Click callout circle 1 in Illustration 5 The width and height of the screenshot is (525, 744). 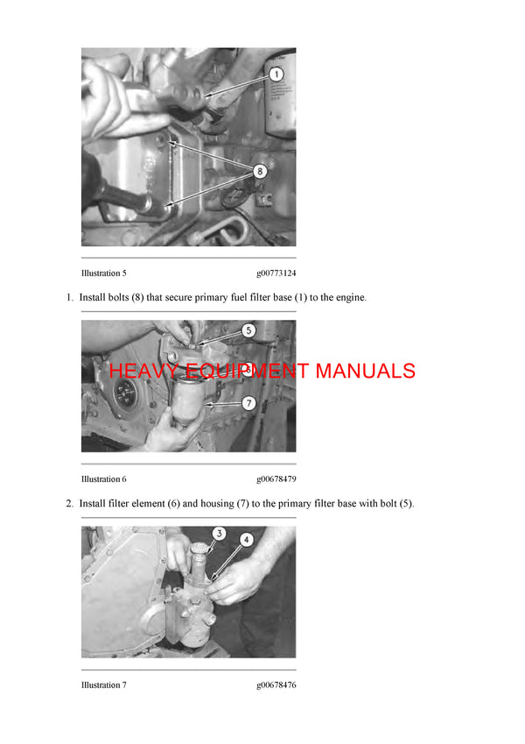click(x=275, y=75)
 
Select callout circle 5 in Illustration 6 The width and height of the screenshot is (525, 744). click(x=248, y=331)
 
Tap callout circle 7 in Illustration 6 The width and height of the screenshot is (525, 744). click(x=248, y=404)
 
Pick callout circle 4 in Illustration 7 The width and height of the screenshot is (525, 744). click(x=247, y=541)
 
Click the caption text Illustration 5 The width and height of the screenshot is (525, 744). click(x=104, y=273)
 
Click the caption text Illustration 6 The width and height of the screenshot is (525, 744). click(x=104, y=479)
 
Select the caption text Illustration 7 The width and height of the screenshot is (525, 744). click(x=104, y=685)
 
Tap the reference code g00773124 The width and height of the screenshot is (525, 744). click(x=276, y=273)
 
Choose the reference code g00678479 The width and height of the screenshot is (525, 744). click(x=276, y=479)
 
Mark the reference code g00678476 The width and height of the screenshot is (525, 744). click(x=276, y=685)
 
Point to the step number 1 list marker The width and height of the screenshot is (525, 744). click(x=69, y=298)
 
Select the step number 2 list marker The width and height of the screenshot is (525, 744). click(x=69, y=504)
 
